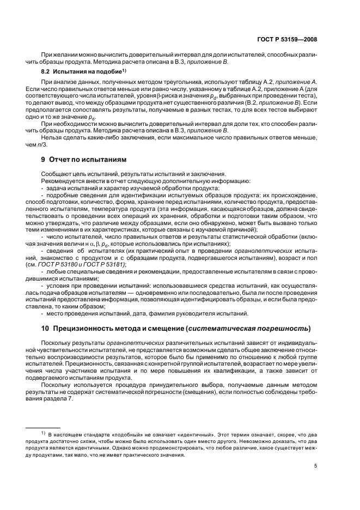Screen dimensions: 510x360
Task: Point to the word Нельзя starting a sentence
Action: [50, 137]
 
